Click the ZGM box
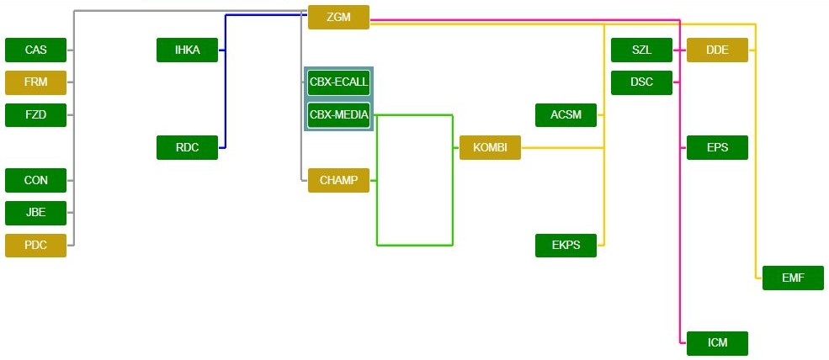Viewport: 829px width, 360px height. click(338, 17)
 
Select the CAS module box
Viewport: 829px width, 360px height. click(36, 50)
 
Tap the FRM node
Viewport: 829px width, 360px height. click(36, 82)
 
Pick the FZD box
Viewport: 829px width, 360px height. click(36, 114)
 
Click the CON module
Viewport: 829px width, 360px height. click(36, 180)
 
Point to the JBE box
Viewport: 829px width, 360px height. click(36, 213)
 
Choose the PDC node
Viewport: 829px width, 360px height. click(36, 246)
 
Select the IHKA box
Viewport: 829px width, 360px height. click(187, 50)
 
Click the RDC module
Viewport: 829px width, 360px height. click(187, 147)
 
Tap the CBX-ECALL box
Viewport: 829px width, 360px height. click(338, 82)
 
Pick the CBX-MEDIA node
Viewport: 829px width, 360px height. click(338, 114)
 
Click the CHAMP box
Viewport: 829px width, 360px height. click(338, 180)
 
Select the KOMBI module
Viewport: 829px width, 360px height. click(490, 147)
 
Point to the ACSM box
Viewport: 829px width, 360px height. click(566, 114)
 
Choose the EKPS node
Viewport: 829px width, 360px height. click(566, 246)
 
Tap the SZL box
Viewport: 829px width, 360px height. click(641, 50)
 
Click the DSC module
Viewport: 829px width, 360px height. click(641, 82)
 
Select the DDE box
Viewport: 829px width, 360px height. click(717, 50)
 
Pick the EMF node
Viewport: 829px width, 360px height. click(793, 278)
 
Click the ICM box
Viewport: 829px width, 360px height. click(717, 343)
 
